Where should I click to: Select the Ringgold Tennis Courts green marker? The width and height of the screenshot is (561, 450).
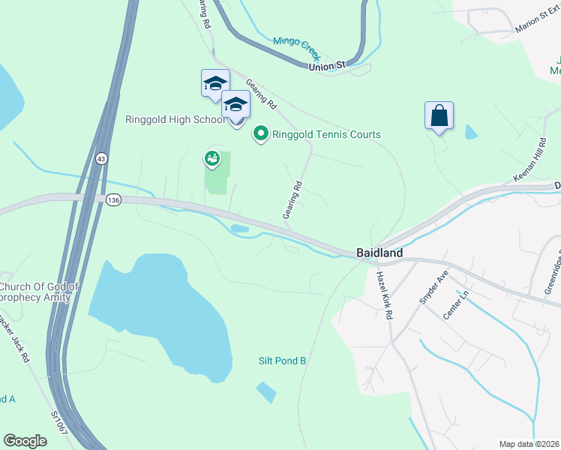pos(261,134)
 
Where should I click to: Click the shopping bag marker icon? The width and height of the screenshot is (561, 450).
pos(439,115)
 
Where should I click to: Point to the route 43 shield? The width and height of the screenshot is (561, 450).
pos(101,159)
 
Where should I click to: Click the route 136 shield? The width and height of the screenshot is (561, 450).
pos(113,199)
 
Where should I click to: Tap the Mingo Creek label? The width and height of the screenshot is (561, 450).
pos(296,46)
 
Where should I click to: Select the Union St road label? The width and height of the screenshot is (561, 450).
pos(326,66)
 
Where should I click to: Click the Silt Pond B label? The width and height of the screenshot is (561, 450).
pos(283,361)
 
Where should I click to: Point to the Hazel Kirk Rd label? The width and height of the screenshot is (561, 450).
pos(383,296)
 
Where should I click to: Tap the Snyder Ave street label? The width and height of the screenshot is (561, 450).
pos(433,286)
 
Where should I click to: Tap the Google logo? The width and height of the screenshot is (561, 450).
pos(25,441)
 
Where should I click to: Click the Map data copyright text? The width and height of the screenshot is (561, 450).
pos(529,444)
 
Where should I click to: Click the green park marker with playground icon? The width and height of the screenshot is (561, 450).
pos(212,158)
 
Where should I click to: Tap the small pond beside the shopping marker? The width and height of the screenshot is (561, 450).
pos(470,133)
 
